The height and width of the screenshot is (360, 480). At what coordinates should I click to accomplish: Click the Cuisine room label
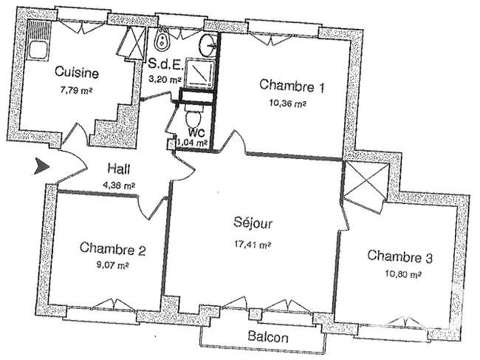[77, 72]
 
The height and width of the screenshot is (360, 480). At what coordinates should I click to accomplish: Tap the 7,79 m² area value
[77, 90]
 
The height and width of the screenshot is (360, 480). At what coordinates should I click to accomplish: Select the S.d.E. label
[166, 64]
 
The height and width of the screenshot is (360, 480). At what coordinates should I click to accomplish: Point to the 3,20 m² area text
[165, 79]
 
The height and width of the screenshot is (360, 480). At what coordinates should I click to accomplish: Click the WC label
[196, 132]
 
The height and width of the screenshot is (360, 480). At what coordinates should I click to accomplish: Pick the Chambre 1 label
[292, 86]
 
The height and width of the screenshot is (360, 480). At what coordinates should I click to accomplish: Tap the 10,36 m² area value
[288, 103]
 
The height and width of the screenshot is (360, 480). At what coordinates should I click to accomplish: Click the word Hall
[119, 169]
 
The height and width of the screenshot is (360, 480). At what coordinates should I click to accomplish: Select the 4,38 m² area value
[120, 185]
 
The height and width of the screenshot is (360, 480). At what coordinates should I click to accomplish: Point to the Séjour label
[253, 223]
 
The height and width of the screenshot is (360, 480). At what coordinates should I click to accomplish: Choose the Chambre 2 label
[113, 248]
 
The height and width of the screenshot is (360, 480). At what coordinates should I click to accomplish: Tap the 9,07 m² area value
[112, 265]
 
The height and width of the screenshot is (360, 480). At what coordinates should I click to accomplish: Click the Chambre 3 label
[400, 257]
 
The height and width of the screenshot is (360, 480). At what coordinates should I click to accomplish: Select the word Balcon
[268, 337]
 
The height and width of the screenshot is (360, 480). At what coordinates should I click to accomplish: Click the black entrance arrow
[41, 166]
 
